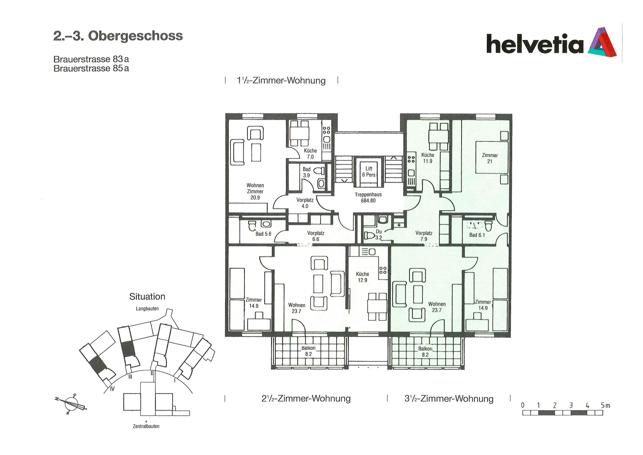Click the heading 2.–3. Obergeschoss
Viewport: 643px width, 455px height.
(x=118, y=36)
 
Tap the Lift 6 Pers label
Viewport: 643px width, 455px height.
(x=369, y=172)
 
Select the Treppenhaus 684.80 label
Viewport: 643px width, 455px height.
(x=368, y=197)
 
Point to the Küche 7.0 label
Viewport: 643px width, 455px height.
(x=311, y=154)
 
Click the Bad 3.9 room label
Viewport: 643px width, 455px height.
(x=306, y=172)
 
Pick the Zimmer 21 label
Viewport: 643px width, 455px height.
(x=490, y=158)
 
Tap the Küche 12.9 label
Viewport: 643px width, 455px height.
(x=363, y=277)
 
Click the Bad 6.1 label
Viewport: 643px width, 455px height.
(x=477, y=235)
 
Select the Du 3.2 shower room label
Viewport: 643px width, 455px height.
(x=379, y=234)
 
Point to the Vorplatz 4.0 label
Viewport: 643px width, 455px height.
(x=305, y=203)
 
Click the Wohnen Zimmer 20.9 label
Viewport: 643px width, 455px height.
(x=255, y=191)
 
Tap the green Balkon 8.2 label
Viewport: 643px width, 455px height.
(x=425, y=352)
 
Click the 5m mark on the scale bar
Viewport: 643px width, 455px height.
(x=605, y=405)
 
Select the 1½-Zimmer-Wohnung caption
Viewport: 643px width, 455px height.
(x=281, y=80)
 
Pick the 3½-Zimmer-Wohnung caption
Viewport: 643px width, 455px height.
(x=449, y=398)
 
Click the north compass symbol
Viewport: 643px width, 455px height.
(x=71, y=404)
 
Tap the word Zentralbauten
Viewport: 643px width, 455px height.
(x=146, y=426)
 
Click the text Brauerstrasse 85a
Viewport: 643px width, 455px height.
(x=91, y=69)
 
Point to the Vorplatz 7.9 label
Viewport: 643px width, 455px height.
(x=424, y=236)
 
